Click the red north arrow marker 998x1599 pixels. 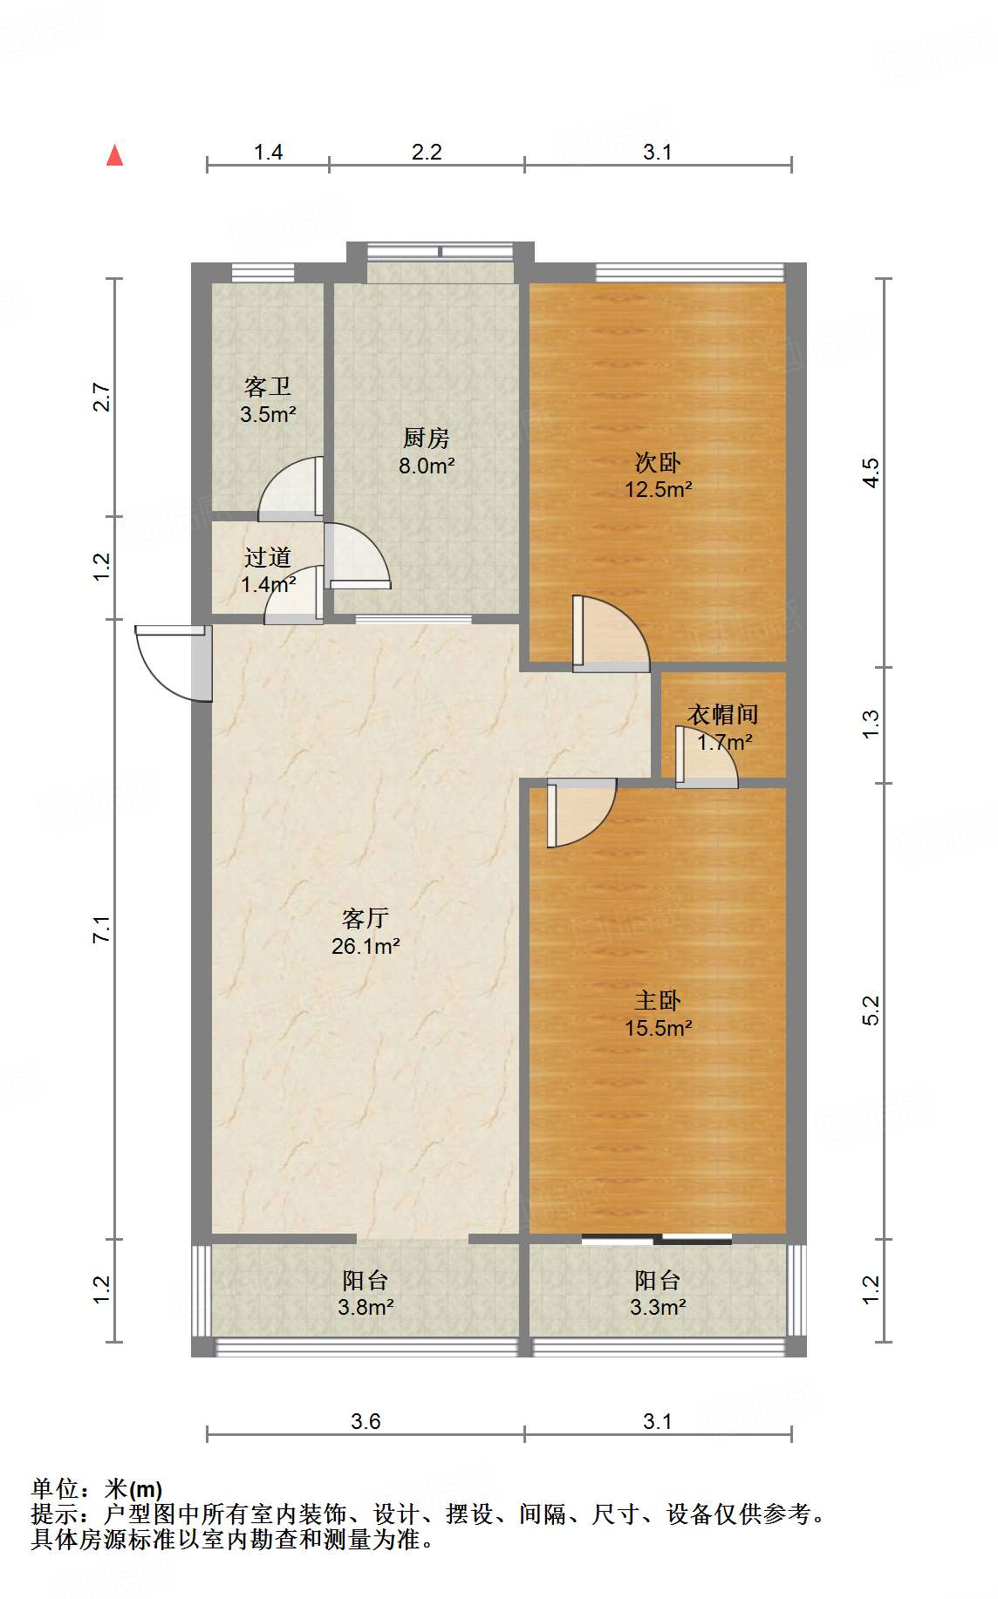click(x=114, y=155)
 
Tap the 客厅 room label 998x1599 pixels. click(x=365, y=918)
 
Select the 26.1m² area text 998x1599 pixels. click(x=365, y=946)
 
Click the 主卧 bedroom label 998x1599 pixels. click(x=657, y=1000)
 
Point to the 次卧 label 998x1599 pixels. click(x=657, y=462)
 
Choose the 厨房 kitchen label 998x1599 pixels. click(x=426, y=438)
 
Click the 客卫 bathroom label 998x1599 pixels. click(x=267, y=386)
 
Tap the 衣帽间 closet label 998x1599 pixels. click(x=722, y=714)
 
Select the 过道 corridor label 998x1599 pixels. click(x=267, y=557)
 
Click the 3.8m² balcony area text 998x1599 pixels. click(x=365, y=1307)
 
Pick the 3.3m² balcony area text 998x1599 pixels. click(x=657, y=1307)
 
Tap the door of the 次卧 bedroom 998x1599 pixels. click(x=611, y=634)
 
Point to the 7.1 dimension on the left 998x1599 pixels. click(x=102, y=929)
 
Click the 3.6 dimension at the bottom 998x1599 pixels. click(x=365, y=1421)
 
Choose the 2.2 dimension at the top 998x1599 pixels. click(x=426, y=152)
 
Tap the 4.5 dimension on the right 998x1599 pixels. click(x=871, y=472)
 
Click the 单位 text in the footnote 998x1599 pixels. click(x=54, y=1489)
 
